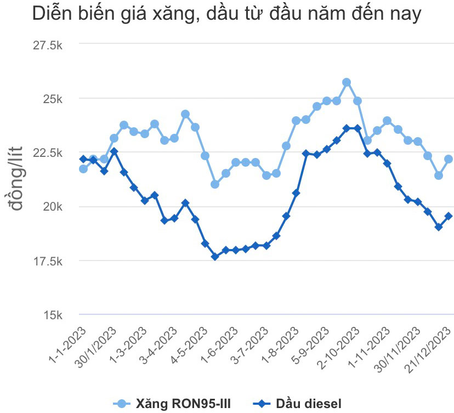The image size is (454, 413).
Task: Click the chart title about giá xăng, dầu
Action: (226, 15)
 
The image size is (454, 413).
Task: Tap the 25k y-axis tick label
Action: (53, 99)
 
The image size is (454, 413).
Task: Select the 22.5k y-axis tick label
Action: (48, 153)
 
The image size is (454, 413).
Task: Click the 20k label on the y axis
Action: (53, 207)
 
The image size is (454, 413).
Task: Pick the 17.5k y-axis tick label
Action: (48, 261)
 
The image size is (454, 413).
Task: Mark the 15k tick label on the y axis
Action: (53, 315)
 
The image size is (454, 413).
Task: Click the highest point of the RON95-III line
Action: (347, 82)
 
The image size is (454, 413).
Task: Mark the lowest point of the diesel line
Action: (215, 256)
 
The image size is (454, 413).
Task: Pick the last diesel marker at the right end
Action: (449, 216)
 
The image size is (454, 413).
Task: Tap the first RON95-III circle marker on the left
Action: (83, 168)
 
